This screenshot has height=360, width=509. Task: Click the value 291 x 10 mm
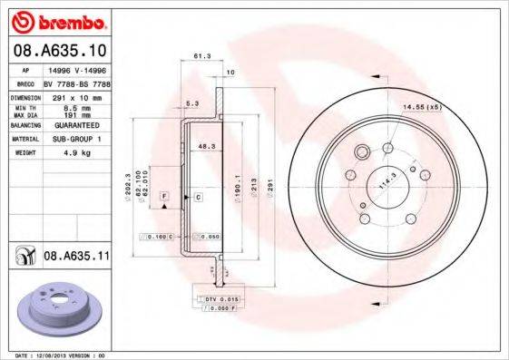[x=73, y=95]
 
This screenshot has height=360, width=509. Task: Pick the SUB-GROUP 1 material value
[x=74, y=139]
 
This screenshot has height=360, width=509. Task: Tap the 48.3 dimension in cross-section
[x=206, y=145]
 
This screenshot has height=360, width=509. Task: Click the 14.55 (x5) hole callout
[x=421, y=108]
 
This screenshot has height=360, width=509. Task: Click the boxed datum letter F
[x=164, y=196]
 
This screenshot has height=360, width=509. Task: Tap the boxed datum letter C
[x=197, y=196]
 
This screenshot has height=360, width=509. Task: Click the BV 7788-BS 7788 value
[x=76, y=82]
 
